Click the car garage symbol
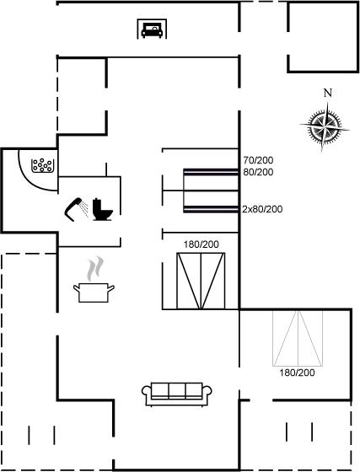(x=152, y=29)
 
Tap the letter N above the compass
(x=327, y=94)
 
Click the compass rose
(x=325, y=126)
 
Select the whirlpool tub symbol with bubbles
(x=42, y=165)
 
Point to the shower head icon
(x=73, y=209)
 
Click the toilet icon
(x=102, y=210)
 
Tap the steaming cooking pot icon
(x=94, y=292)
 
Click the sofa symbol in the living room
(x=177, y=394)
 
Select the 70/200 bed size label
(x=258, y=160)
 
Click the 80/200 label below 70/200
(x=258, y=172)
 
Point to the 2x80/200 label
(x=262, y=209)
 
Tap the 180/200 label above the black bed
(x=201, y=244)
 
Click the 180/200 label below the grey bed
(x=297, y=373)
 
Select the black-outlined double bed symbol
(x=201, y=281)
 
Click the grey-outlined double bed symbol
(x=298, y=338)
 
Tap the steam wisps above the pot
(x=95, y=269)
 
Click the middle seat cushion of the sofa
(x=177, y=391)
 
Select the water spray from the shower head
(x=85, y=209)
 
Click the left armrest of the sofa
(x=147, y=392)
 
